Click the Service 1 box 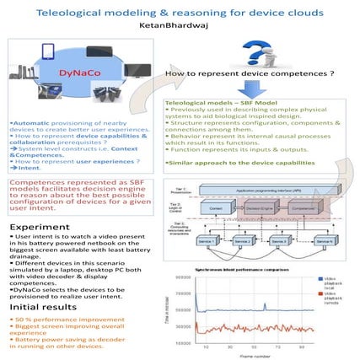206,242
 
